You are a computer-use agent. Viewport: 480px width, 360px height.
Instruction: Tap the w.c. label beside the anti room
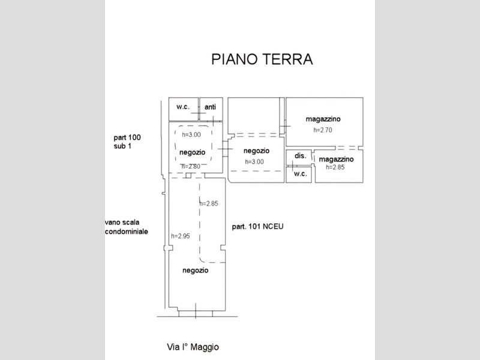pos(182,107)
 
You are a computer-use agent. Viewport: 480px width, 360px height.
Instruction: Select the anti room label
pos(210,107)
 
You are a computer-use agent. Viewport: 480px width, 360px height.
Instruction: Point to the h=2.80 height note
pos(190,166)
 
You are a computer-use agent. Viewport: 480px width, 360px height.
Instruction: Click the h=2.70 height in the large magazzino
pos(322,130)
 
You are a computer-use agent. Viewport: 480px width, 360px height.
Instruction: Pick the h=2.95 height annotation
pos(180,236)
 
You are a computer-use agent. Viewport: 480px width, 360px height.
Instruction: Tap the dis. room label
pos(300,155)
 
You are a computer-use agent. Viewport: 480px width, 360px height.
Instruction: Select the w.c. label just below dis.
pos(300,174)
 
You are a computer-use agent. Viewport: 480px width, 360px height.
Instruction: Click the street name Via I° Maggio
pos(193,347)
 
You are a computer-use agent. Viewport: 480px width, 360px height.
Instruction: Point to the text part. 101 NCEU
pos(257,227)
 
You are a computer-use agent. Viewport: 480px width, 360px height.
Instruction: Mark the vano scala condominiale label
pos(126,226)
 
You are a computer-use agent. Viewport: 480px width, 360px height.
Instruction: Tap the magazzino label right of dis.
pos(336,159)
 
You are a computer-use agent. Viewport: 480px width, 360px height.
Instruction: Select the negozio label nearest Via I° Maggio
pos(195,271)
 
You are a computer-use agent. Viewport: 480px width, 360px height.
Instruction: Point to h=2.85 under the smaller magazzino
pos(335,167)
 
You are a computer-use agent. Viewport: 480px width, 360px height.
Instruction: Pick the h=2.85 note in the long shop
pos(208,203)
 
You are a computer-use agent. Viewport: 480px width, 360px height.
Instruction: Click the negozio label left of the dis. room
pos(257,151)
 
